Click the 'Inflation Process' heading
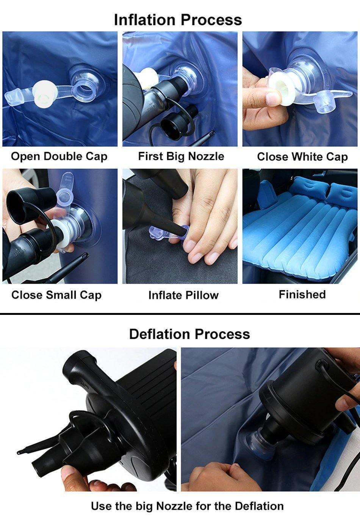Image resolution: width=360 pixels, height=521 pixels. coord(178,20)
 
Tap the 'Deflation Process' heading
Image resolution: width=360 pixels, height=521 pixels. coord(189,334)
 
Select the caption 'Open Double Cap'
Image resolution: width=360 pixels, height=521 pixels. coord(59,156)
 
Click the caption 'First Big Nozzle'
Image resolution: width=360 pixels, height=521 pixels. coord(181,156)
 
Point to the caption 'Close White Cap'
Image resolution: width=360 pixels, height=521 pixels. coord(302,157)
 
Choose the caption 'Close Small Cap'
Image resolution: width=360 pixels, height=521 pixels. coord(56,295)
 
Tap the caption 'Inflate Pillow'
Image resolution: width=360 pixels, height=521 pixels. coord(183,295)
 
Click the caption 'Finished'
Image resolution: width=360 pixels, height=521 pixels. coord(302,294)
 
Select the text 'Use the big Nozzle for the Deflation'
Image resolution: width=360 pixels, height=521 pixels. coord(187,506)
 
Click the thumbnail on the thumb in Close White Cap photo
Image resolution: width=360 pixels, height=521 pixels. coord(273,99)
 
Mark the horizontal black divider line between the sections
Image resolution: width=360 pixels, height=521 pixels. coord(180,314)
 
